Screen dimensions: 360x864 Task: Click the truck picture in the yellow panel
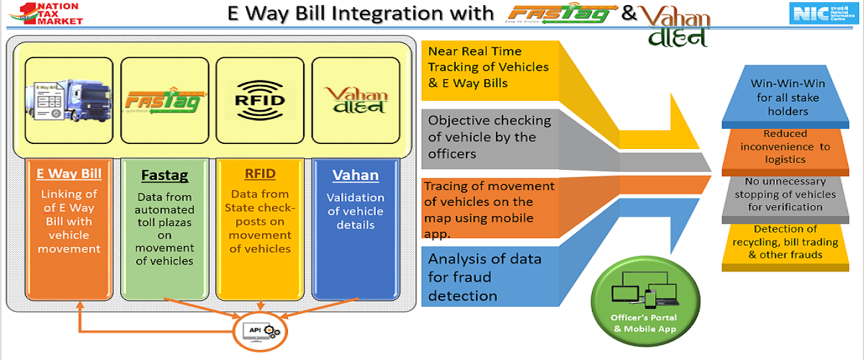point(69,100)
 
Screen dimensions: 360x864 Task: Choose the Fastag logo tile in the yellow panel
point(165,100)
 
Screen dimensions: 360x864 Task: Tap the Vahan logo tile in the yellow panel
point(356,100)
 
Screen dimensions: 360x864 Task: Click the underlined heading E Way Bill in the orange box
point(70,174)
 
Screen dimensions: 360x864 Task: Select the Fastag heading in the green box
point(165,175)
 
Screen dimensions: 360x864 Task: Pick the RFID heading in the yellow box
point(260,174)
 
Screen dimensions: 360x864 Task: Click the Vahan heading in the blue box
point(355,175)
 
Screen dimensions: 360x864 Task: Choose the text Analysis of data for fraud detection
point(485,276)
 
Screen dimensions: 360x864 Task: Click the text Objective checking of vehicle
point(490,137)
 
